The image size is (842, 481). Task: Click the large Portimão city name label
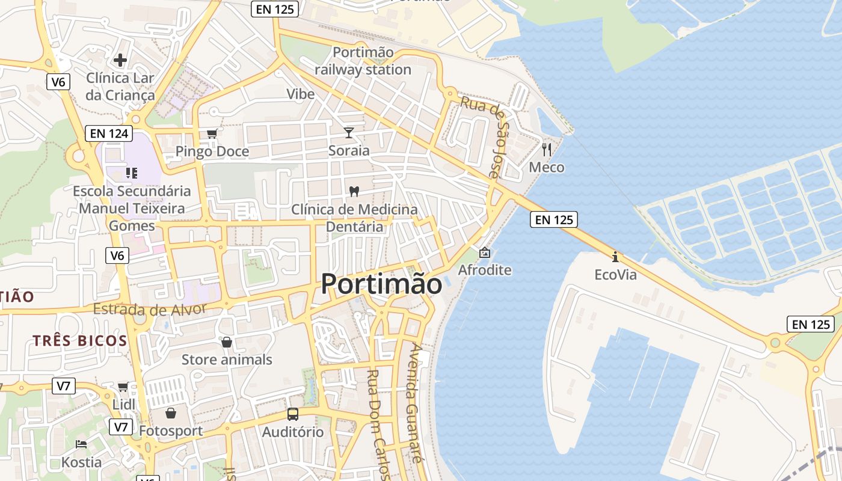click(381, 284)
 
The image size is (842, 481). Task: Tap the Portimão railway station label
click(363, 61)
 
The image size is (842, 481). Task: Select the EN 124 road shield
click(108, 133)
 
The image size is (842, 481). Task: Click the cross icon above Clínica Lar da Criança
click(120, 60)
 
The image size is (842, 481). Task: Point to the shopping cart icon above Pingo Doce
click(212, 134)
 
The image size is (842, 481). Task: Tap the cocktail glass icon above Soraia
click(349, 132)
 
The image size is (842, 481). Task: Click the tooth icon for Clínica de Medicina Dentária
click(354, 191)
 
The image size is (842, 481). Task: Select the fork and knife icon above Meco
click(546, 149)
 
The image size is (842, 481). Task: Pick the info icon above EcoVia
click(615, 257)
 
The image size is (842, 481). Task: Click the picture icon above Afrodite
click(484, 253)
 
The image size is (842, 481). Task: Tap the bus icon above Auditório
click(292, 414)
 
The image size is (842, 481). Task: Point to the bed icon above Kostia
click(81, 445)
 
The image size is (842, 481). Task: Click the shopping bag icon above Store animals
click(227, 342)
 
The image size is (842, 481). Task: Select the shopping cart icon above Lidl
click(123, 387)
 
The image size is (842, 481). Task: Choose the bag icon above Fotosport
click(171, 413)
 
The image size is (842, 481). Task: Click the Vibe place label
click(300, 94)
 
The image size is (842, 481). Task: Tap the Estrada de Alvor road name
click(150, 310)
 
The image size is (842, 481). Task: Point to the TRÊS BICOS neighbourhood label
click(80, 341)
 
